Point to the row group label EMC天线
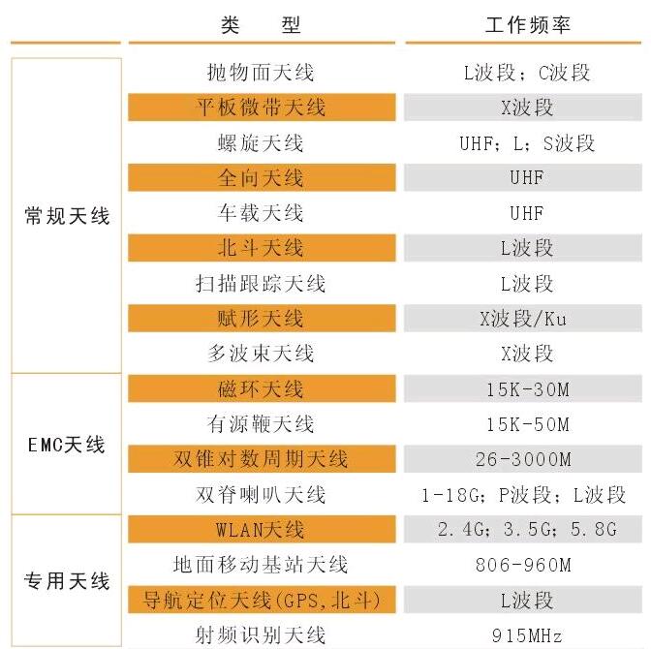pyautogui.click(x=67, y=446)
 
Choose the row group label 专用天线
pyautogui.click(x=67, y=582)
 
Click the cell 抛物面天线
pyautogui.click(x=261, y=73)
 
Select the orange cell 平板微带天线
pyautogui.click(x=262, y=108)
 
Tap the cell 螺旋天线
pyautogui.click(x=261, y=143)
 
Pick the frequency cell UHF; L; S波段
pyautogui.click(x=527, y=143)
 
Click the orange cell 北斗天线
pyautogui.click(x=262, y=248)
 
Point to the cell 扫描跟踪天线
pyautogui.click(x=261, y=284)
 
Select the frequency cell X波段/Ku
pyautogui.click(x=527, y=319)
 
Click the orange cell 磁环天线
pyautogui.click(x=262, y=389)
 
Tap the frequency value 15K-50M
pyautogui.click(x=527, y=424)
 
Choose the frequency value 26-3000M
pyautogui.click(x=527, y=459)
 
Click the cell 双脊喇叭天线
pyautogui.click(x=261, y=495)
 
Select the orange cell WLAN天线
pyautogui.click(x=262, y=530)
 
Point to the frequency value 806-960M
pyautogui.click(x=527, y=565)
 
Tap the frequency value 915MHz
pyautogui.click(x=527, y=635)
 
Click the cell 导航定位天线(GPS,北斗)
pyautogui.click(x=262, y=601)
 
